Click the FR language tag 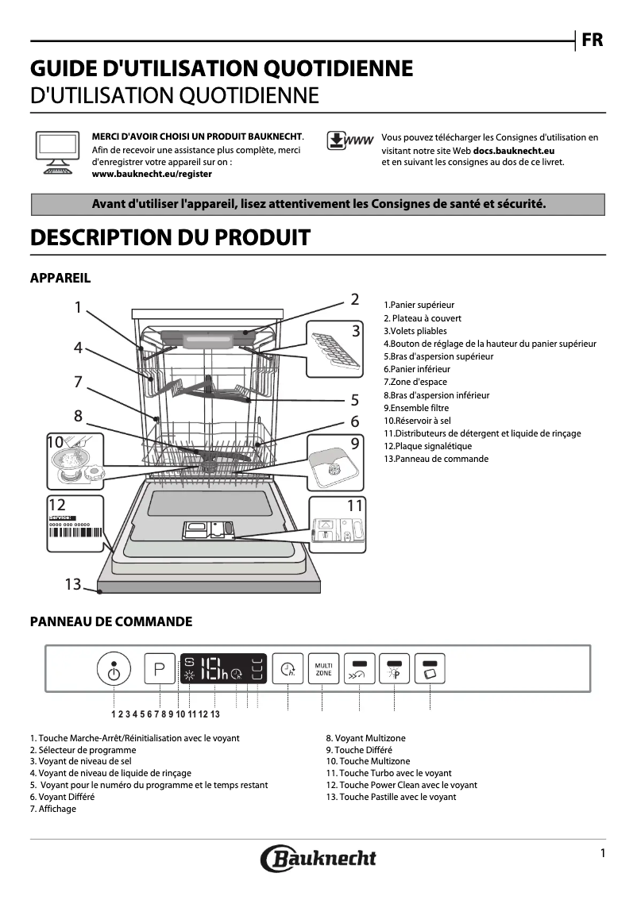point(592,40)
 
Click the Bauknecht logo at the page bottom point(318,857)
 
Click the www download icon point(349,140)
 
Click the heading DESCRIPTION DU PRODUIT point(169,237)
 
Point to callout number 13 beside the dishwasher point(73,584)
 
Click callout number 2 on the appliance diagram point(355,299)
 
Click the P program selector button point(160,669)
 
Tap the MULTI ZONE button point(324,668)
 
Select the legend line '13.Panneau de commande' point(436,459)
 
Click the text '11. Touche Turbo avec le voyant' point(388,772)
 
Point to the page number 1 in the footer point(603,852)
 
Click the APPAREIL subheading point(60,278)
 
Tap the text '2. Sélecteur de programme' point(83,749)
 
